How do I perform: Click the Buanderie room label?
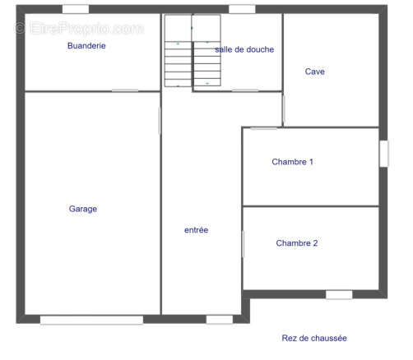[x=86, y=46]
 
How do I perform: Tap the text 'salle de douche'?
[x=244, y=49]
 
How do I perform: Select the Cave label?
[x=314, y=72]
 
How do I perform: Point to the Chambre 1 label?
[x=292, y=162]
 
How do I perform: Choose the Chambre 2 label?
[x=297, y=243]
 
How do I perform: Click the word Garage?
[x=83, y=209]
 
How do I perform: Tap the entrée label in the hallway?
[x=196, y=230]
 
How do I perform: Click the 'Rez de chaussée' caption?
[x=314, y=339]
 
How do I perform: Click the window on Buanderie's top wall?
[x=76, y=9]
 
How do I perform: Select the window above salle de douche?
[x=242, y=9]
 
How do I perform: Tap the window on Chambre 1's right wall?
[x=383, y=154]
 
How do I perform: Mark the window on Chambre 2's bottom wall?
[x=339, y=294]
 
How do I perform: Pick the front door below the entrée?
[x=220, y=320]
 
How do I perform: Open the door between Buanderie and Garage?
[x=125, y=90]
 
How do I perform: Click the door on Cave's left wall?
[x=283, y=108]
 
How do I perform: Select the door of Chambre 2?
[x=243, y=244]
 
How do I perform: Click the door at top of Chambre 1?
[x=263, y=128]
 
